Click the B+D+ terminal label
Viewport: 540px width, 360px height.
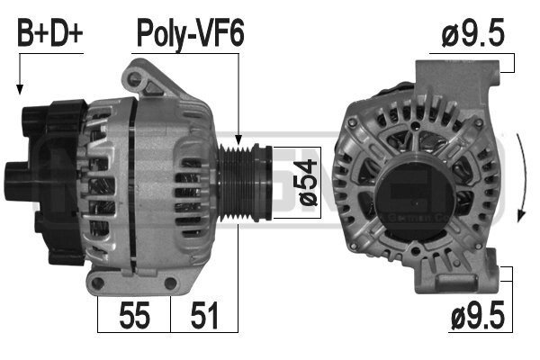point(50,34)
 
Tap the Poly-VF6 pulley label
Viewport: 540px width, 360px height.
point(191,34)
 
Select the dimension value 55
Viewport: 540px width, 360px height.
point(135,315)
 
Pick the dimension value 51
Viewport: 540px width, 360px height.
point(204,315)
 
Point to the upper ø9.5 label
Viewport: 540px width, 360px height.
point(472,32)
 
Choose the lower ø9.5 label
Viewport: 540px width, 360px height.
point(478,314)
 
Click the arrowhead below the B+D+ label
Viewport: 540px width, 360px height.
point(20,90)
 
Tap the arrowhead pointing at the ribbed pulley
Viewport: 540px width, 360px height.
point(238,139)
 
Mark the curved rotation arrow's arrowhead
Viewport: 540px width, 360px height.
point(521,216)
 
